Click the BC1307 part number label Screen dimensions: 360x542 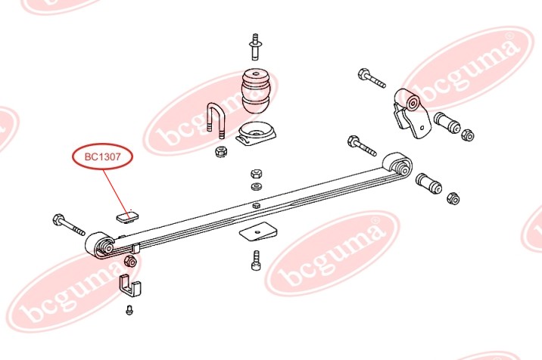(102, 157)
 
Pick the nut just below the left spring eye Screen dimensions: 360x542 (129, 262)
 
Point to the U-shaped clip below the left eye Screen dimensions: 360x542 (131, 287)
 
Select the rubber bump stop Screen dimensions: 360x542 (256, 91)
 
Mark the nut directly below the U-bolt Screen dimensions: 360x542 (220, 152)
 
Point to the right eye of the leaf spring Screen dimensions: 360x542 (397, 163)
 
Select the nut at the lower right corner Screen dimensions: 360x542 (454, 199)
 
